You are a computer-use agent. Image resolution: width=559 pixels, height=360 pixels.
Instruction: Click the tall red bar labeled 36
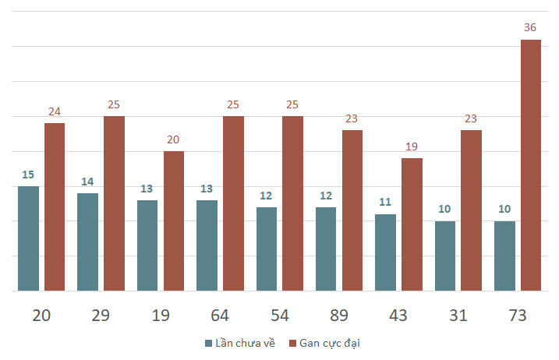pos(531,165)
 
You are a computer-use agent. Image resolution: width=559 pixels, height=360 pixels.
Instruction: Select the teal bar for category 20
pos(29,238)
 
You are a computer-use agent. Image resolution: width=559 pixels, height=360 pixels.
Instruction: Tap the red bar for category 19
pos(174,221)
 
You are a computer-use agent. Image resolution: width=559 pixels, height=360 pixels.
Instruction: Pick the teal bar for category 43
pos(385,252)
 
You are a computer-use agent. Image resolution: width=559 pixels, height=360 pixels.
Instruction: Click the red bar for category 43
pos(412,224)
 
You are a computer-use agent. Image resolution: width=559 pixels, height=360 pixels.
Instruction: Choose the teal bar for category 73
pos(504,256)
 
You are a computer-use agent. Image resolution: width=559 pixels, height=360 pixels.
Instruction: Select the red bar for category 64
pos(234,203)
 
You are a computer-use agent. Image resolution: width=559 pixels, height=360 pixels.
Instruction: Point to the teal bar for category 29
pos(87,242)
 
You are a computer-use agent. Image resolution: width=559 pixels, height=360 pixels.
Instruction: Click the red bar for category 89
pos(352,210)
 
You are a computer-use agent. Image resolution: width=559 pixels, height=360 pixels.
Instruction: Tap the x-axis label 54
pos(280,316)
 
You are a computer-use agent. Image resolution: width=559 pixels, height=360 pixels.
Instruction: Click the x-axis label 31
pos(458,316)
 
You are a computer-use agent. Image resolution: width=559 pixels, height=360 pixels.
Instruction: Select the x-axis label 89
pos(339,316)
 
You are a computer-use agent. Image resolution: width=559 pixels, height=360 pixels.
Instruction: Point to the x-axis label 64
pos(220,316)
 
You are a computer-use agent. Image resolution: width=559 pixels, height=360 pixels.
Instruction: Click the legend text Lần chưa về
pos(246,343)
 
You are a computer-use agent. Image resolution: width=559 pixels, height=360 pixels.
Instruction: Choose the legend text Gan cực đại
pos(330,343)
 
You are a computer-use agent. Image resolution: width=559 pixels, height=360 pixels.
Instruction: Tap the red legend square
pos(292,344)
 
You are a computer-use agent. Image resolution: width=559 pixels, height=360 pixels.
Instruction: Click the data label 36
pos(530,27)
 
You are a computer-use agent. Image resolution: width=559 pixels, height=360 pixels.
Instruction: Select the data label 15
pos(28,175)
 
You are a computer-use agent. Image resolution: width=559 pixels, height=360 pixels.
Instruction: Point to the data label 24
pos(55,111)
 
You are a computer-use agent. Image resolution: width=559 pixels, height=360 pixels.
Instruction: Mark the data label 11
pos(385,202)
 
